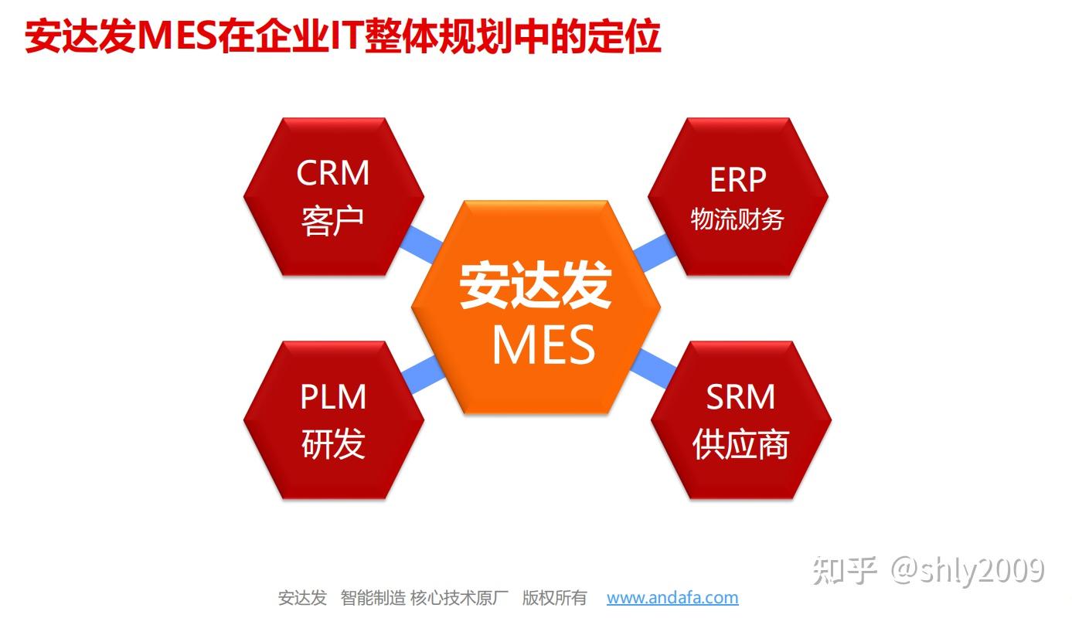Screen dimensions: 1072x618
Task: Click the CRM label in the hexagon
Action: [333, 173]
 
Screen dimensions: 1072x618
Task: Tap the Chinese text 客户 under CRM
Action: [333, 220]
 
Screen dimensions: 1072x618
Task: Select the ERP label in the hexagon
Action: [737, 180]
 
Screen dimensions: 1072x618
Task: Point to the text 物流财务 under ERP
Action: [737, 219]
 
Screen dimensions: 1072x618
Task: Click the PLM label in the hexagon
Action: [333, 397]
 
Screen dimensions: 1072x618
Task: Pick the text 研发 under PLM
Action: [333, 444]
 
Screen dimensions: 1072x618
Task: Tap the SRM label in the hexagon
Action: [740, 397]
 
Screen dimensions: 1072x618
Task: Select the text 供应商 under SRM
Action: [740, 445]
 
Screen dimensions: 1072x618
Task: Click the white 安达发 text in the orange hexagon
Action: [536, 287]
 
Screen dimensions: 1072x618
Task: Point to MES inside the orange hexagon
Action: [543, 345]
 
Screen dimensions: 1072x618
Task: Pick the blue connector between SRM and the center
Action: [652, 366]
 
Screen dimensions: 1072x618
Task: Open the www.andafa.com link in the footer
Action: [672, 597]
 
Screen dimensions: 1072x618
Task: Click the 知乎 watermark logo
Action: [844, 571]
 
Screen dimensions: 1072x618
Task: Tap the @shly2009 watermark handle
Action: [968, 571]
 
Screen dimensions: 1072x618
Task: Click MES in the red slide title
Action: [176, 36]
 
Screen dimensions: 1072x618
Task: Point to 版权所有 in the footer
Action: [554, 597]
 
